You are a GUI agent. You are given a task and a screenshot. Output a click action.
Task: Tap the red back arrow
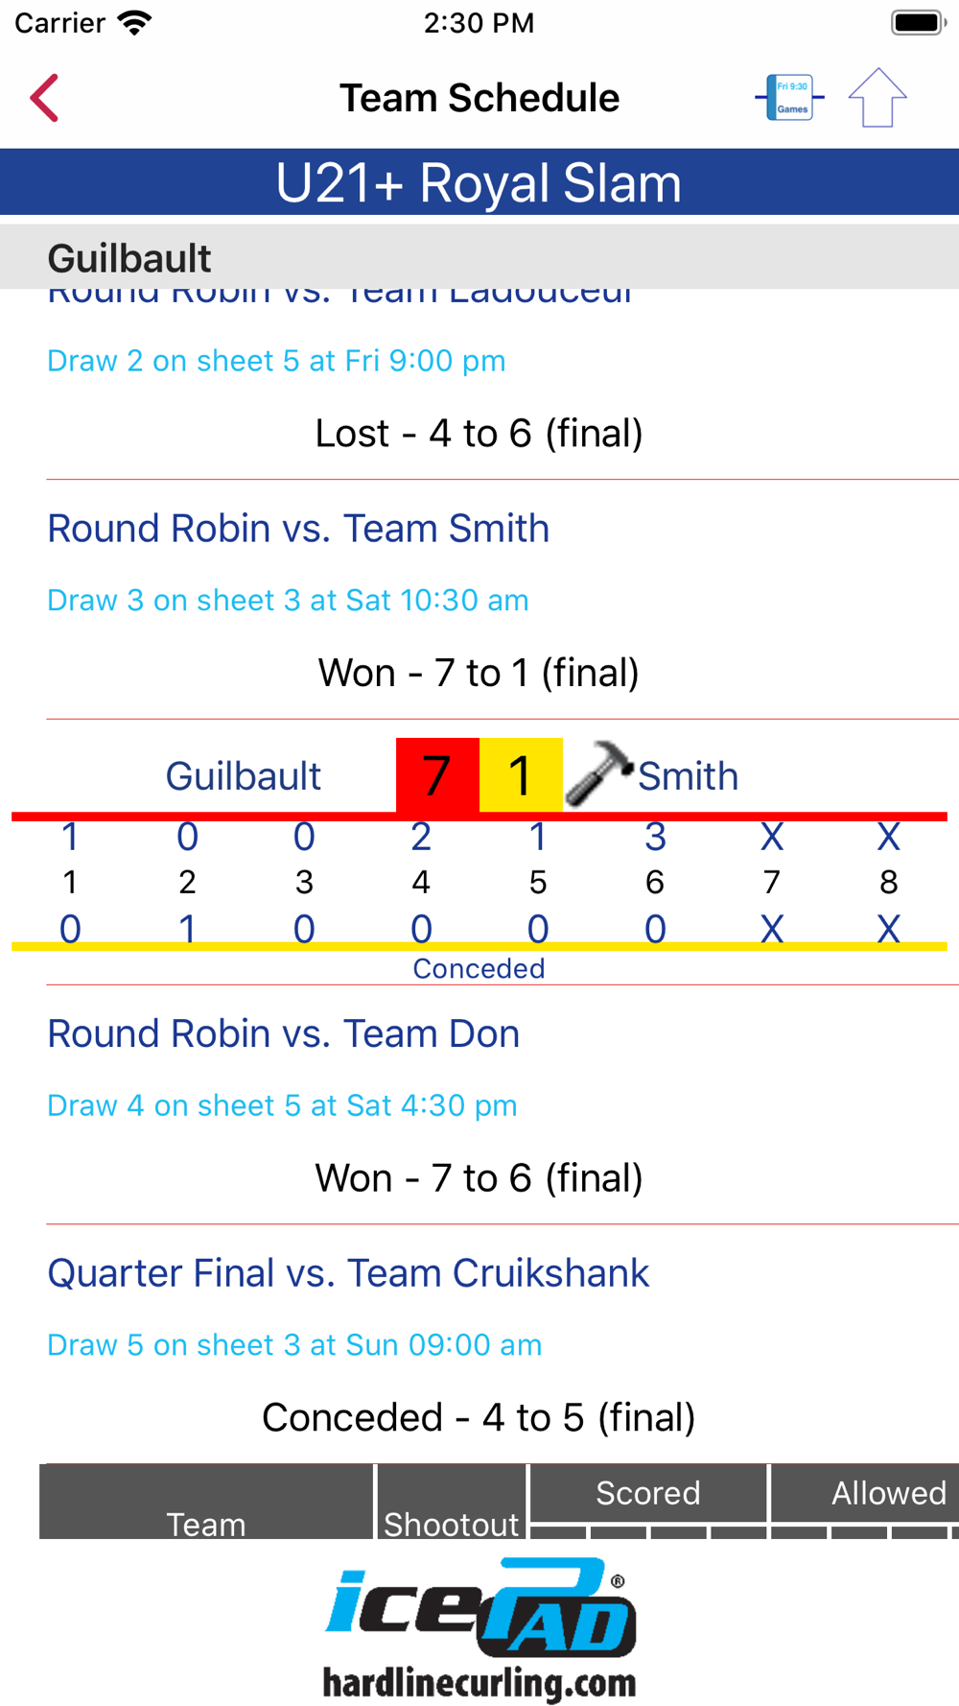point(44,98)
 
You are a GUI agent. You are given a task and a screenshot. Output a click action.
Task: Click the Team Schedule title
point(479,98)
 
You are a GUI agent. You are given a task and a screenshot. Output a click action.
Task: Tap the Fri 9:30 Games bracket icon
point(790,98)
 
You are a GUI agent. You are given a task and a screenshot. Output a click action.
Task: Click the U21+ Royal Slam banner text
point(479,182)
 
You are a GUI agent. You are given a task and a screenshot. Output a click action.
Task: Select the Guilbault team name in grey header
point(129,258)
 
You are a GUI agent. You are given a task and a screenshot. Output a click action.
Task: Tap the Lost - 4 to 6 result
point(479,434)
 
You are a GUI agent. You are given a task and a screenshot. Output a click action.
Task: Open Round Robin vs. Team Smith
point(298,529)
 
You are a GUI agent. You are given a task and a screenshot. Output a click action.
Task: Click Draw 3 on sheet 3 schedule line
point(288,601)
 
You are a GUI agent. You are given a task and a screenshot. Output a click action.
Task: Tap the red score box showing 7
point(437,775)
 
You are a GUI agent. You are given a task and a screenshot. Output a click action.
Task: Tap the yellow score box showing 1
point(521,775)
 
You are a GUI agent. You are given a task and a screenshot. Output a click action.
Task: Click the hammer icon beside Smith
point(598,772)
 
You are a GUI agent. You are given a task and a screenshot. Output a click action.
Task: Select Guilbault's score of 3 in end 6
point(655,838)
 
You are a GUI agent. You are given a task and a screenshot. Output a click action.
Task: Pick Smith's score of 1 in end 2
point(187,929)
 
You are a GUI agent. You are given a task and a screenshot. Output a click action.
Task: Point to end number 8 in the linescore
point(888,882)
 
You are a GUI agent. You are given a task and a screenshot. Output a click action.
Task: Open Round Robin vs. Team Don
point(284,1034)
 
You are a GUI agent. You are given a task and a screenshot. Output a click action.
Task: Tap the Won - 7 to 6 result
point(479,1178)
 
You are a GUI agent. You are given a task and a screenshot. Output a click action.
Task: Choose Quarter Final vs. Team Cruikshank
point(348,1273)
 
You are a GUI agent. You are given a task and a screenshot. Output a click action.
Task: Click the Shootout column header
point(451,1523)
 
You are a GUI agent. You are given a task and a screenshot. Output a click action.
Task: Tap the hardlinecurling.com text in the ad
point(479,1683)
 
